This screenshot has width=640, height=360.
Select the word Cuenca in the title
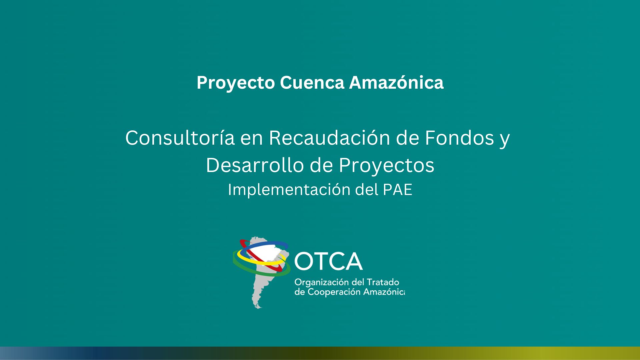tap(312, 83)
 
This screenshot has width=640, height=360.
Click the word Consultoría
tap(180, 138)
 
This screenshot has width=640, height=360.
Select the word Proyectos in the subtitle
tap(387, 166)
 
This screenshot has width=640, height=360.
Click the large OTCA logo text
tap(328, 261)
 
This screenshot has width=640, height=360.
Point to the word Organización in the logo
tap(321, 283)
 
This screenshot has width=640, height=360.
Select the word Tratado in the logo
tap(383, 282)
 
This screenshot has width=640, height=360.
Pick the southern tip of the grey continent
tap(260, 308)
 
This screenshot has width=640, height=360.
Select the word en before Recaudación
tap(252, 140)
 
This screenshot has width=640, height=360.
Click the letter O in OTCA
tap(303, 261)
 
